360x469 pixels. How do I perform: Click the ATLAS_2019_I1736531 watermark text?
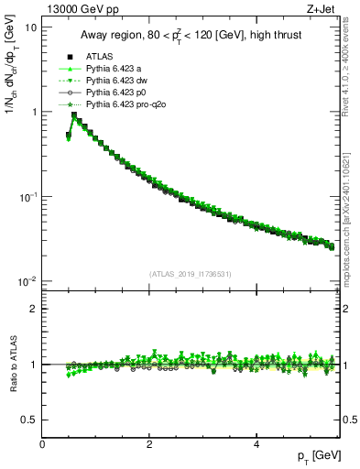189,274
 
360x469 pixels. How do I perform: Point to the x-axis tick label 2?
149,443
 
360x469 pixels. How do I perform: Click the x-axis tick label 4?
256,443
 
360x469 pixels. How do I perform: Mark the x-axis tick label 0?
43,443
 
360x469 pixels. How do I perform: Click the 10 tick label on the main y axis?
30,27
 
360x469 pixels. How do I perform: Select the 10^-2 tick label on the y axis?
27,281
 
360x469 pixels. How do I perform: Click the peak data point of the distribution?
74,115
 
